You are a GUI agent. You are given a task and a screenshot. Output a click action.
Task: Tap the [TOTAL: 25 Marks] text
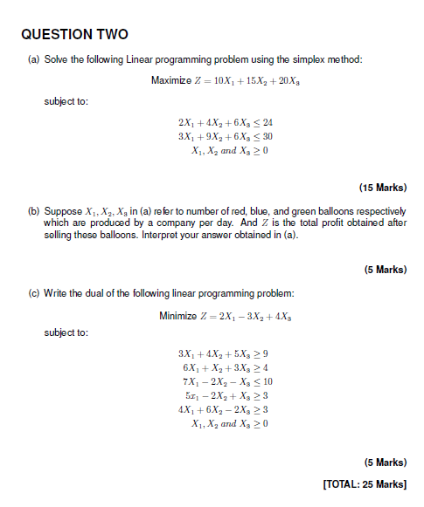365,484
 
